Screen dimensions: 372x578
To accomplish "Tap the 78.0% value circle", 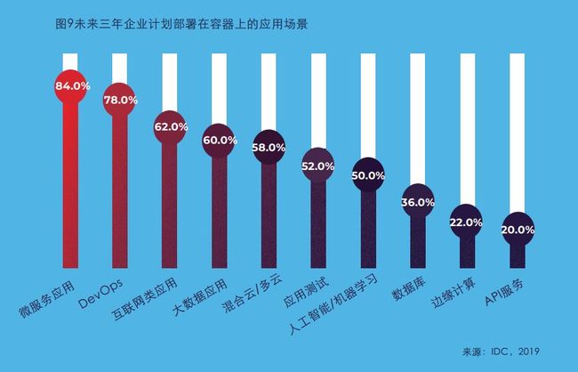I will click(121, 101).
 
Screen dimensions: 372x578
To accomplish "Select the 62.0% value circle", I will click(171, 127).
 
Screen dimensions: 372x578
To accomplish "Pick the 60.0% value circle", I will click(220, 141).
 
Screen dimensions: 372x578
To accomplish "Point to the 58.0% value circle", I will click(269, 147).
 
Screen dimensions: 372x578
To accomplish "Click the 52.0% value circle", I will click(318, 166).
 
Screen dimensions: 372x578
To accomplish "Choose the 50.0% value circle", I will click(367, 175).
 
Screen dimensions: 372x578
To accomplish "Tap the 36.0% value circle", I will click(418, 202).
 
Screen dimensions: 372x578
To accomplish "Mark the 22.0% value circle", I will click(467, 222).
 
